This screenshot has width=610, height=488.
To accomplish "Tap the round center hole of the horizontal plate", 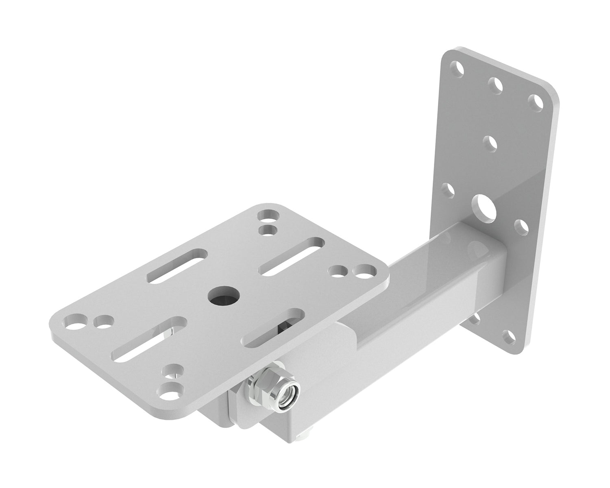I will pyautogui.click(x=224, y=296).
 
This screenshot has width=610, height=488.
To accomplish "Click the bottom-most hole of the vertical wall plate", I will pyautogui.click(x=507, y=336).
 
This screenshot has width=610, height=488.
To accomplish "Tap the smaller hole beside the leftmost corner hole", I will pyautogui.click(x=103, y=322).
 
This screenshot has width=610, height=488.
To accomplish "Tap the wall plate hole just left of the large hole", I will pyautogui.click(x=448, y=190).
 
